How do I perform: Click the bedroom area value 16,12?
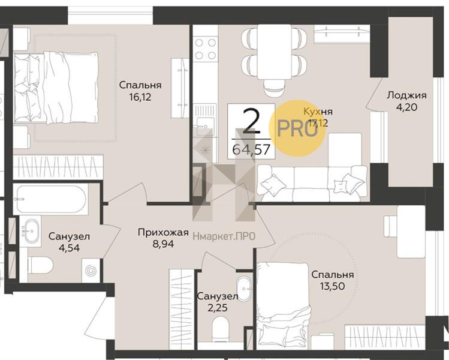coord(140,97)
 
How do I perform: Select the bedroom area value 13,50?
coord(333,286)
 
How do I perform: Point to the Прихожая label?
coord(163,232)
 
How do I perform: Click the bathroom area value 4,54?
coord(69,248)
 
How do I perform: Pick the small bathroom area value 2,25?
coord(217,308)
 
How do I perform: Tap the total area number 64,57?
coord(251,149)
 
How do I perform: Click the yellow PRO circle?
coord(297,128)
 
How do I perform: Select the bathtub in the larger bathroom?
coord(51,199)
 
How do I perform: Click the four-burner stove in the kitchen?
coord(205,49)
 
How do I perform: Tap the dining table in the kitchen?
coord(275,52)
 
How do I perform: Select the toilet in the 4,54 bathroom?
coord(40,266)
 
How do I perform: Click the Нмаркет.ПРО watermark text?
coord(224,236)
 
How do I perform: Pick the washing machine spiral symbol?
coord(91,271)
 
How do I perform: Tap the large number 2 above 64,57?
coord(251,122)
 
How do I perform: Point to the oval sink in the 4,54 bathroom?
coord(32,231)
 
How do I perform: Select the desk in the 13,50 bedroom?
coord(411,232)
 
